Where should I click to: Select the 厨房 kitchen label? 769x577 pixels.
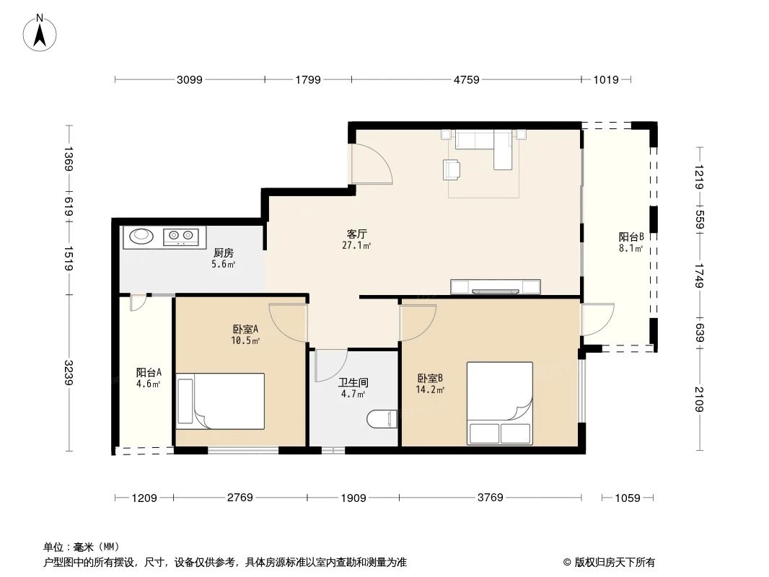pos(223,253)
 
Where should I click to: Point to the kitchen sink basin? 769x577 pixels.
pos(141,236)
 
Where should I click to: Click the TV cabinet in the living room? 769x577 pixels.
pos(496,287)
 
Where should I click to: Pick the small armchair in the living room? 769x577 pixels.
pos(452,169)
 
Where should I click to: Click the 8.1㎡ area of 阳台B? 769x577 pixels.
pos(630,249)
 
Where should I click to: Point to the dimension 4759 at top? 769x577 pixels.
pos(466,80)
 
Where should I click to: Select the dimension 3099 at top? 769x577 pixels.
pos(190,80)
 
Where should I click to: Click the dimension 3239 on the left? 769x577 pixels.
pos(69,373)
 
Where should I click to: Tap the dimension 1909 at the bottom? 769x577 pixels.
pos(353,498)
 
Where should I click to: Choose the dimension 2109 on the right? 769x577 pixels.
pos(699,398)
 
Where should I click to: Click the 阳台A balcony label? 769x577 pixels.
pos(149,373)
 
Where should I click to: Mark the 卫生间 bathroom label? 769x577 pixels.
pos(353,383)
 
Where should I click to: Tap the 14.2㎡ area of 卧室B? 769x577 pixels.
pos(430,390)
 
